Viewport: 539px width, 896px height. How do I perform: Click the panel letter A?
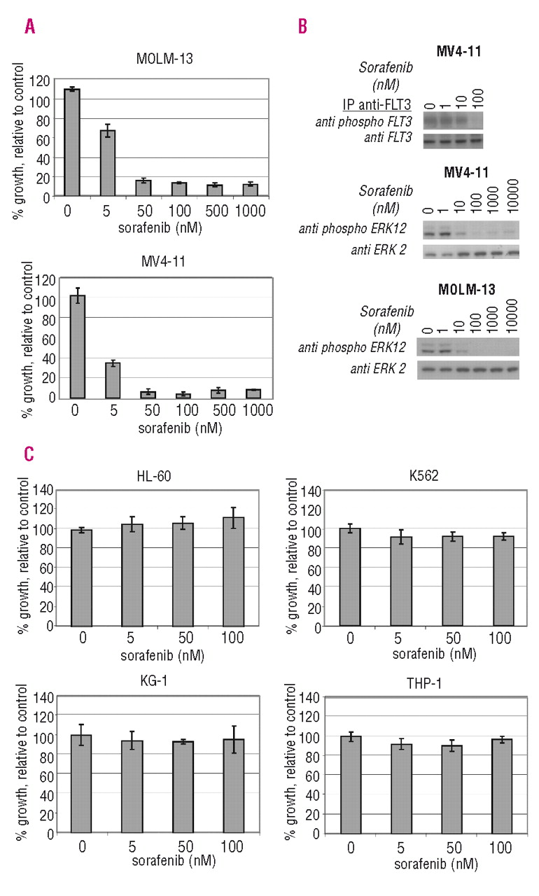point(29,27)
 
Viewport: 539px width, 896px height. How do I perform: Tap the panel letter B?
point(302,27)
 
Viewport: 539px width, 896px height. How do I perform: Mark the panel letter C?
point(29,454)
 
